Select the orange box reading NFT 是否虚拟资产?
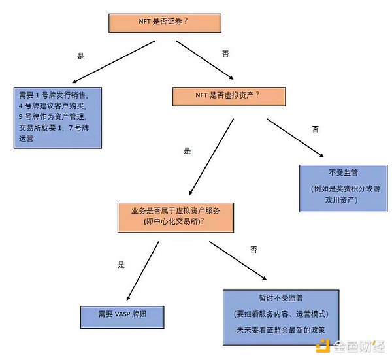click(x=221, y=95)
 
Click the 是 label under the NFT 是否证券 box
click(x=81, y=56)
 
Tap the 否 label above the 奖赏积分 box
click(x=316, y=130)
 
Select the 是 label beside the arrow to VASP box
click(x=120, y=265)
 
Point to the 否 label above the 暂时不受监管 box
click(x=254, y=250)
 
